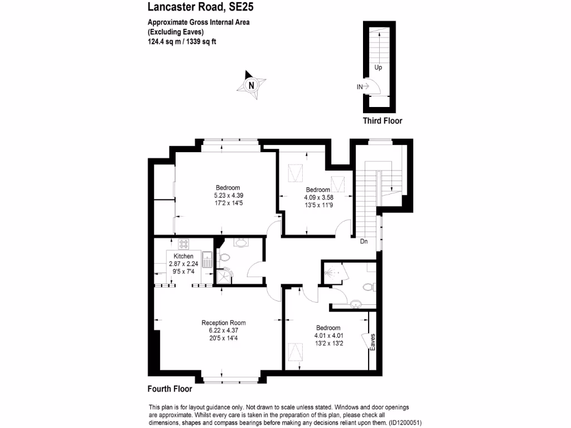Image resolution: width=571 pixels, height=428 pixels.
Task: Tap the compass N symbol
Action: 251,85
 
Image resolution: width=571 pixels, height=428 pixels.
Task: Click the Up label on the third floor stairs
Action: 378,67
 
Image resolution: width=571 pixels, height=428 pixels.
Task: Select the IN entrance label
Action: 360,86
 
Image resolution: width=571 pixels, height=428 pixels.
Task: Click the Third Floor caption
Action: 382,120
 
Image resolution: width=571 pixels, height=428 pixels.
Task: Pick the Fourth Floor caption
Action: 170,389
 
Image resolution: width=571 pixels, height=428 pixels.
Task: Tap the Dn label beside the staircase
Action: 364,242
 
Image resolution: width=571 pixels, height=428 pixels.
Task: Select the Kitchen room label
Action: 183,256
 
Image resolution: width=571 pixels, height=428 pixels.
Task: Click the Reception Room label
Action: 223,323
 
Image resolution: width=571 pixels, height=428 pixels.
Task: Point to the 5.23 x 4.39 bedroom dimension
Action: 228,196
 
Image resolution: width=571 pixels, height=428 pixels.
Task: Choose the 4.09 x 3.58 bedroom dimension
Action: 318,197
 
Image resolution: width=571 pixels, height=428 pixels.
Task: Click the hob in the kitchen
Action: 184,244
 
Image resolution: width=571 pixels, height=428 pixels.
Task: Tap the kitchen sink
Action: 207,260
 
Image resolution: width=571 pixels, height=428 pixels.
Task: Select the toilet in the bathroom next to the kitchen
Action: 223,258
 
